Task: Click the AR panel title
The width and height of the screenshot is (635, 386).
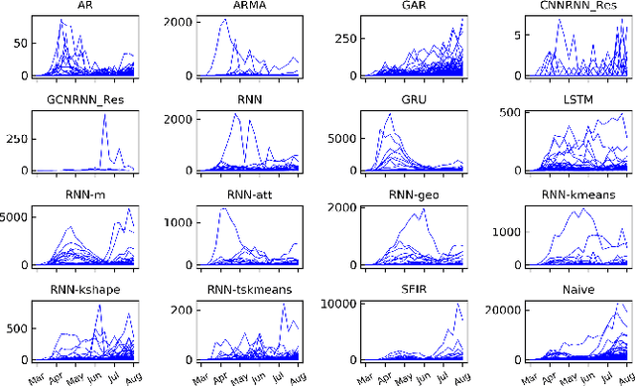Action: [87, 6]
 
